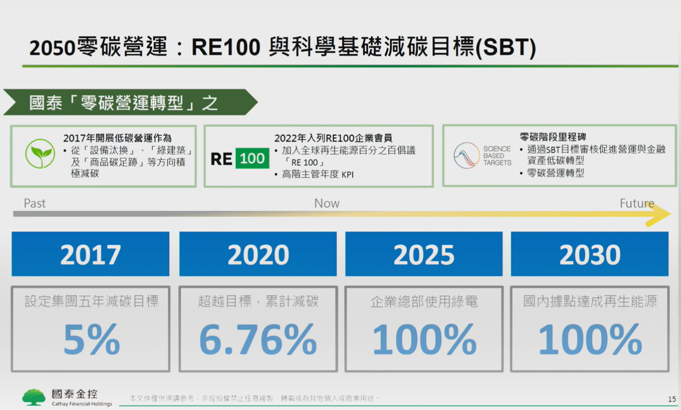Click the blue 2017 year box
(x=90, y=254)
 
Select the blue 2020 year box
(x=258, y=254)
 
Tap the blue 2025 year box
(x=424, y=254)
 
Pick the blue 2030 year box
(x=590, y=254)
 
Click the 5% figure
(x=91, y=339)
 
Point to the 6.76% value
(x=258, y=339)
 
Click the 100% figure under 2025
(x=425, y=339)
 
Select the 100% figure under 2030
(x=590, y=339)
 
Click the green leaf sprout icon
(x=40, y=154)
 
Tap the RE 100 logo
(x=240, y=158)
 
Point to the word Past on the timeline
(x=35, y=203)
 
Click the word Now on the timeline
(x=327, y=203)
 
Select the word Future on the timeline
(x=637, y=203)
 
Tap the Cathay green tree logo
(x=34, y=397)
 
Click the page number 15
(x=672, y=399)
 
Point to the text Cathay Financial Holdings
(x=82, y=404)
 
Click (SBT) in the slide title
(x=505, y=48)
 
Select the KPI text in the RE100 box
(x=347, y=175)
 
